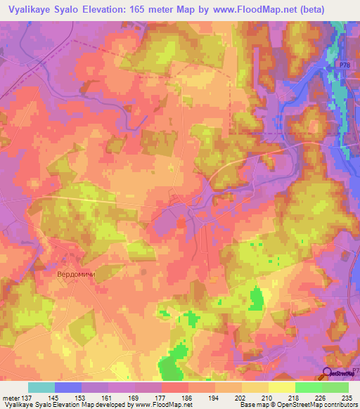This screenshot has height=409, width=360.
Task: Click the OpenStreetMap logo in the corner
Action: [x=340, y=373]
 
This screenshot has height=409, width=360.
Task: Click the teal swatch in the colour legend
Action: [x=41, y=387]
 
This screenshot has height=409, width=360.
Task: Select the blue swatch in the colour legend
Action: [x=68, y=387]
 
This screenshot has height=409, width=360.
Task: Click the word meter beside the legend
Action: [x=12, y=397]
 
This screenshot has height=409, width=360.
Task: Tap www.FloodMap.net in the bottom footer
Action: [x=164, y=405]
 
